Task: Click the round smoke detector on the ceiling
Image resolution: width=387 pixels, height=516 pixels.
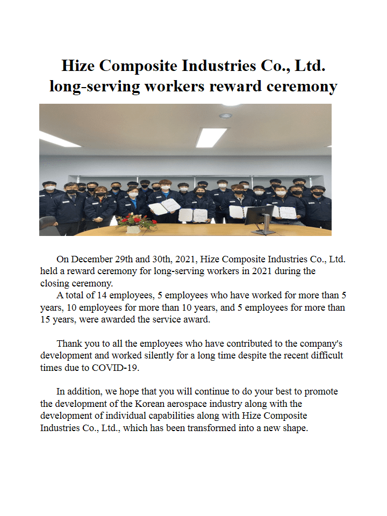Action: click(x=226, y=116)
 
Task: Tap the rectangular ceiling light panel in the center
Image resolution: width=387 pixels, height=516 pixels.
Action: click(x=211, y=137)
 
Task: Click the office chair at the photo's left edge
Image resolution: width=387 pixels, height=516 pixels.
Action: click(x=47, y=224)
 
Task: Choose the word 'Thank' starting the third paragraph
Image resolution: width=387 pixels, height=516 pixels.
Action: click(x=69, y=343)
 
